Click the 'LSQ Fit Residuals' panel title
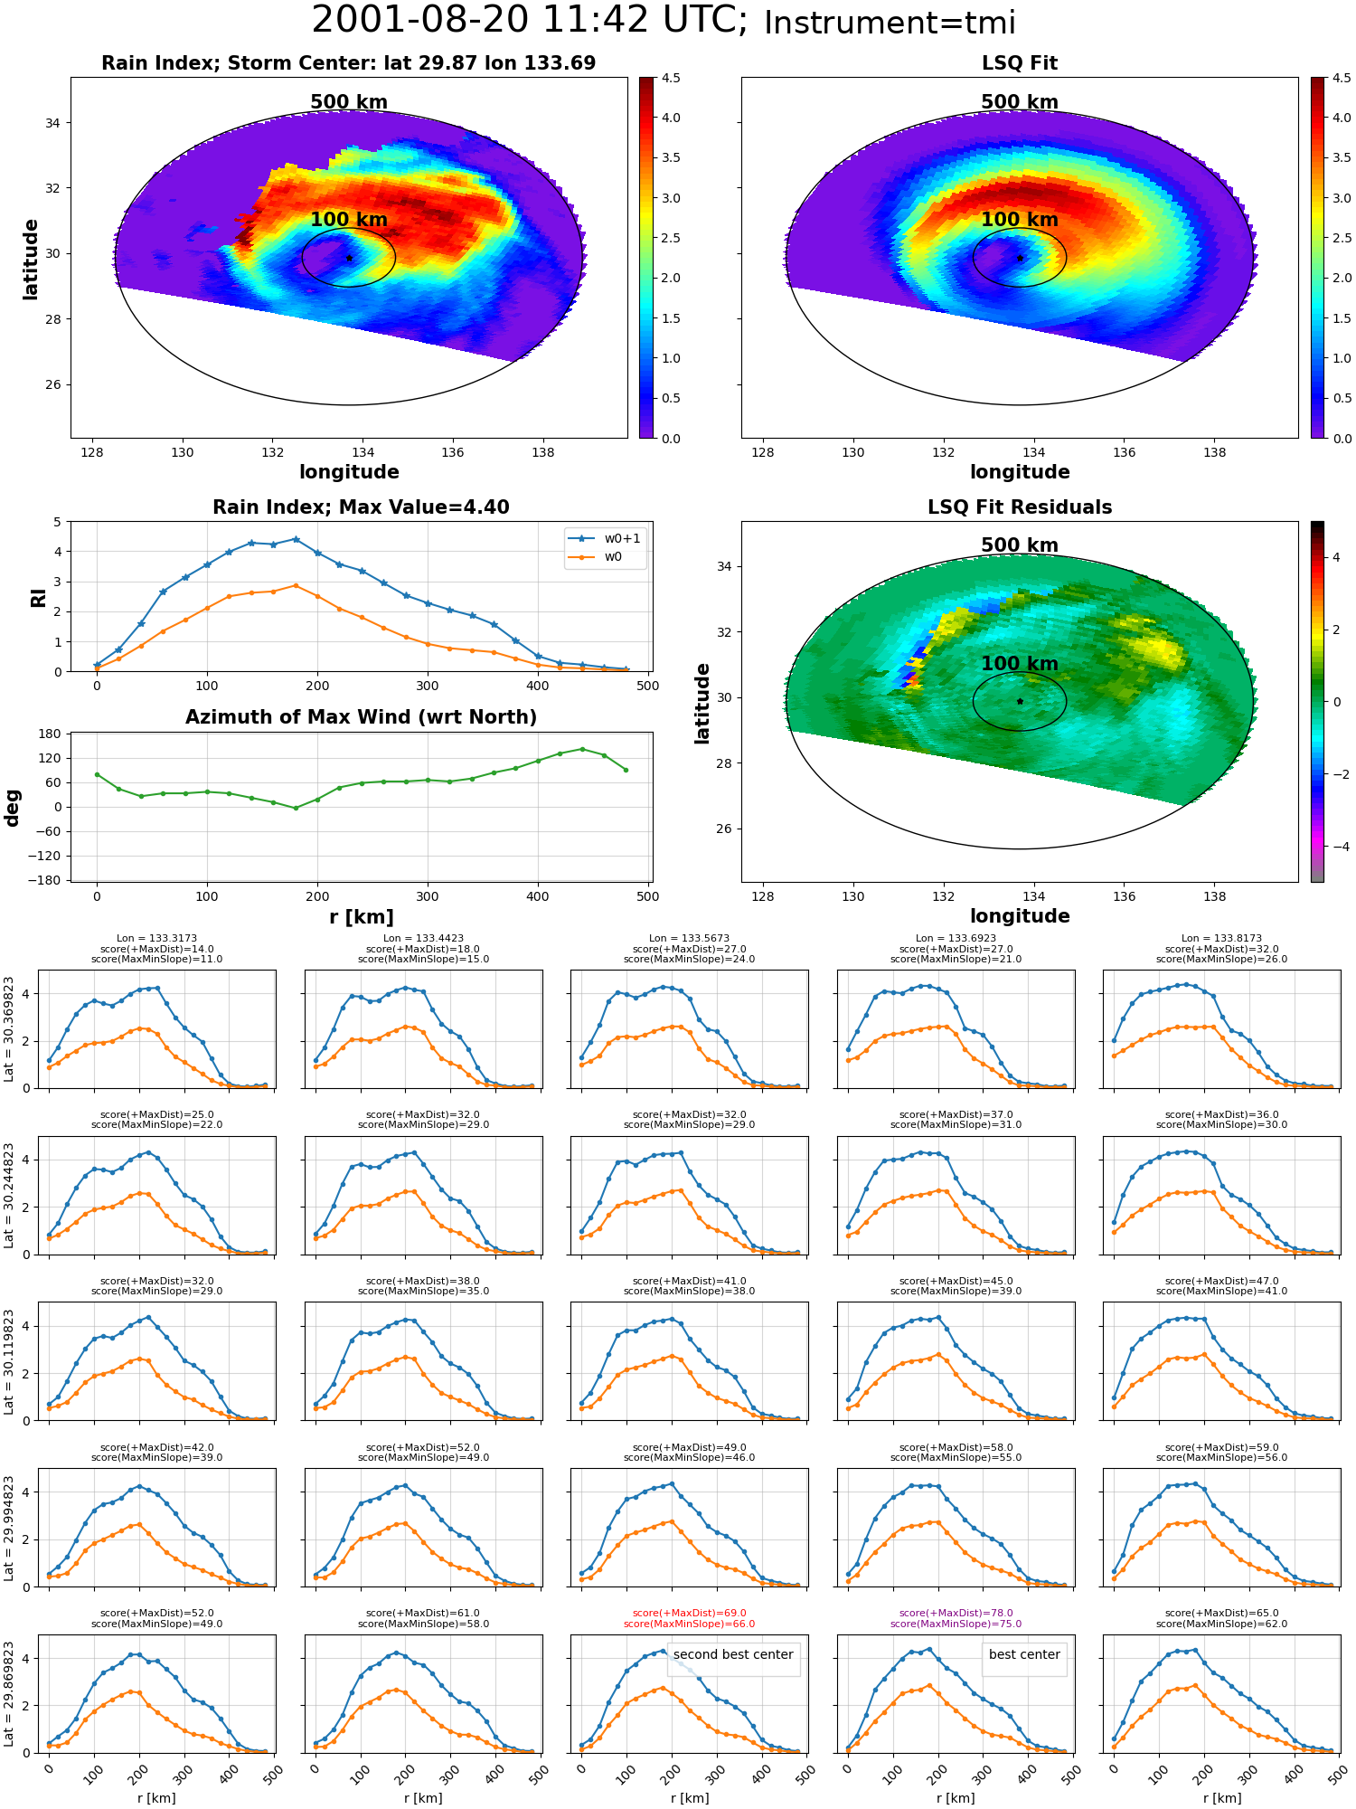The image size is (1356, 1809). pyautogui.click(x=1019, y=507)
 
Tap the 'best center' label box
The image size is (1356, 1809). pyautogui.click(x=1024, y=1654)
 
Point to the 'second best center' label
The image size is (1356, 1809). pyautogui.click(x=733, y=1654)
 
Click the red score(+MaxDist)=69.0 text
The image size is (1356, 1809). pyautogui.click(x=689, y=1614)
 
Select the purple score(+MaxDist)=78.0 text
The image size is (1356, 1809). pyautogui.click(x=956, y=1614)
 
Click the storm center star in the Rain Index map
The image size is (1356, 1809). pyautogui.click(x=349, y=258)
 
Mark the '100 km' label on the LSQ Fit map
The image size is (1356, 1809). pyautogui.click(x=1019, y=220)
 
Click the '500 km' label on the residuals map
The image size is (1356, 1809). pyautogui.click(x=1019, y=545)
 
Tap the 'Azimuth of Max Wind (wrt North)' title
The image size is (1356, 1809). pyautogui.click(x=361, y=717)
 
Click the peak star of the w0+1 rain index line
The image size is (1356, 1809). pyautogui.click(x=296, y=539)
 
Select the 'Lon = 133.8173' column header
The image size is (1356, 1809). pyautogui.click(x=1221, y=939)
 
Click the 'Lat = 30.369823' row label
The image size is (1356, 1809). pyautogui.click(x=9, y=1029)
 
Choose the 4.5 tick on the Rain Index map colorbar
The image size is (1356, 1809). pyautogui.click(x=671, y=78)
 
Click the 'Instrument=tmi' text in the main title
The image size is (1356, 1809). pyautogui.click(x=890, y=23)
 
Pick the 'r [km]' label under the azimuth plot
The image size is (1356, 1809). pyautogui.click(x=361, y=917)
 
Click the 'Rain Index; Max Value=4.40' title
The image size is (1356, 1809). pyautogui.click(x=361, y=507)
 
